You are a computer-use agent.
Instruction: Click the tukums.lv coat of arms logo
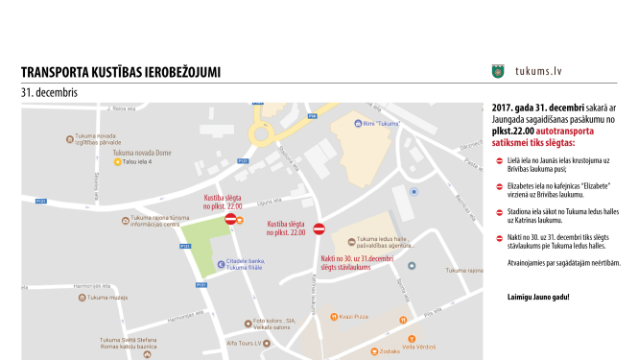tap(498, 71)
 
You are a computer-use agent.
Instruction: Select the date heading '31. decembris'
tap(49, 92)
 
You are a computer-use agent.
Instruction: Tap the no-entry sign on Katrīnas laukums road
tap(319, 228)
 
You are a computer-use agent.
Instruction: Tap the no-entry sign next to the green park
tap(230, 219)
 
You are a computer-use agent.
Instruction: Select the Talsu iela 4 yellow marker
tap(118, 162)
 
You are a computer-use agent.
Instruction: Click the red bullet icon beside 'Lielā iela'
tap(499, 160)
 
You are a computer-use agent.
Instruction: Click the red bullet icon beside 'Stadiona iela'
tap(499, 212)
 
